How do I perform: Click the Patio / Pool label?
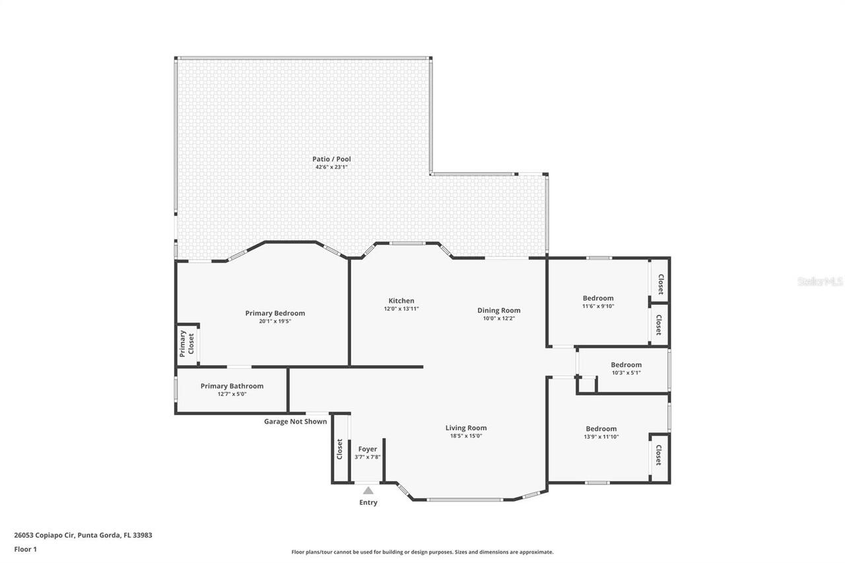[x=331, y=159]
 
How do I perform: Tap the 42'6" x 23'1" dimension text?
[x=331, y=167]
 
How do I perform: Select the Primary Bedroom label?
[x=275, y=313]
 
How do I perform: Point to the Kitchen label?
[x=401, y=300]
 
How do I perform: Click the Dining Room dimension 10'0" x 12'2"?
[x=499, y=318]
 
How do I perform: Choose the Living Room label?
[x=466, y=428]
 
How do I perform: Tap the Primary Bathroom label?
[x=232, y=385]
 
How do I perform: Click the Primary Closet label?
[x=187, y=343]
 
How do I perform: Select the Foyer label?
[x=368, y=449]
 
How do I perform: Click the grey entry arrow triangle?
[x=368, y=490]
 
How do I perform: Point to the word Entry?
[x=368, y=502]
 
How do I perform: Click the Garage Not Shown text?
[x=295, y=421]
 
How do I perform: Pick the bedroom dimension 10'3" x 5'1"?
[x=626, y=372]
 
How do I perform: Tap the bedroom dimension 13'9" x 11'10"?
[x=601, y=437]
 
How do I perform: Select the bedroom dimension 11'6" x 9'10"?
[x=598, y=306]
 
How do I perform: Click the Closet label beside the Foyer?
[x=339, y=449]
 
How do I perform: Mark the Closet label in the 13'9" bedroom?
[x=659, y=455]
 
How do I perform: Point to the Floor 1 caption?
[x=26, y=549]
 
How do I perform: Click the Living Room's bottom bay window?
[x=465, y=500]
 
